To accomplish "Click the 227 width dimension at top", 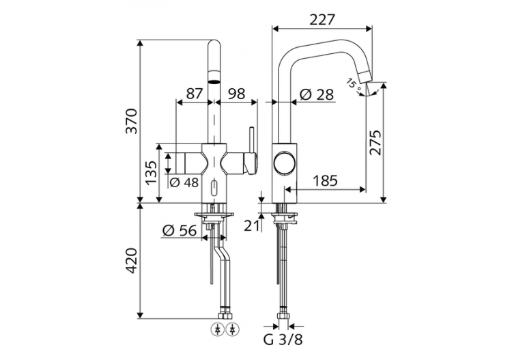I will click(x=322, y=20).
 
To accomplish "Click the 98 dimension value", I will click(x=236, y=94).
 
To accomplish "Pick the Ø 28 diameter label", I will click(x=316, y=94).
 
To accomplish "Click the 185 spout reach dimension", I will click(x=326, y=181).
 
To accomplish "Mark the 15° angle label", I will click(x=352, y=83).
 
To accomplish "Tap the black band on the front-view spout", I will click(x=215, y=79).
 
